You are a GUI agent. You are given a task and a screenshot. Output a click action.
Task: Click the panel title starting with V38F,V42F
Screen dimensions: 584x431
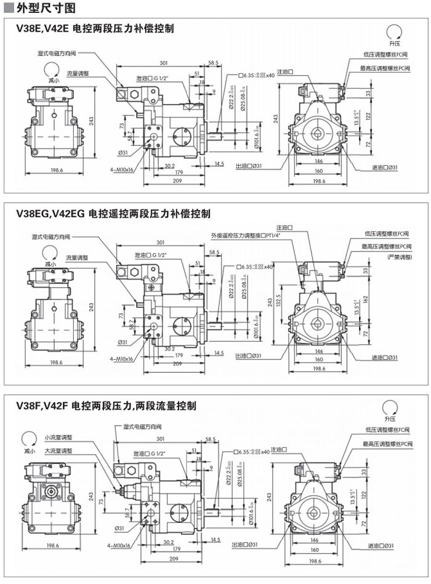click(x=106, y=406)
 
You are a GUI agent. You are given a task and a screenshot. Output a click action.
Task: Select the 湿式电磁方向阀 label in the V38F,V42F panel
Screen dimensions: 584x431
click(x=142, y=426)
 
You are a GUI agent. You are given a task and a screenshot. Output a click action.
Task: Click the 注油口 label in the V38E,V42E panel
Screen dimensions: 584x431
click(x=286, y=72)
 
